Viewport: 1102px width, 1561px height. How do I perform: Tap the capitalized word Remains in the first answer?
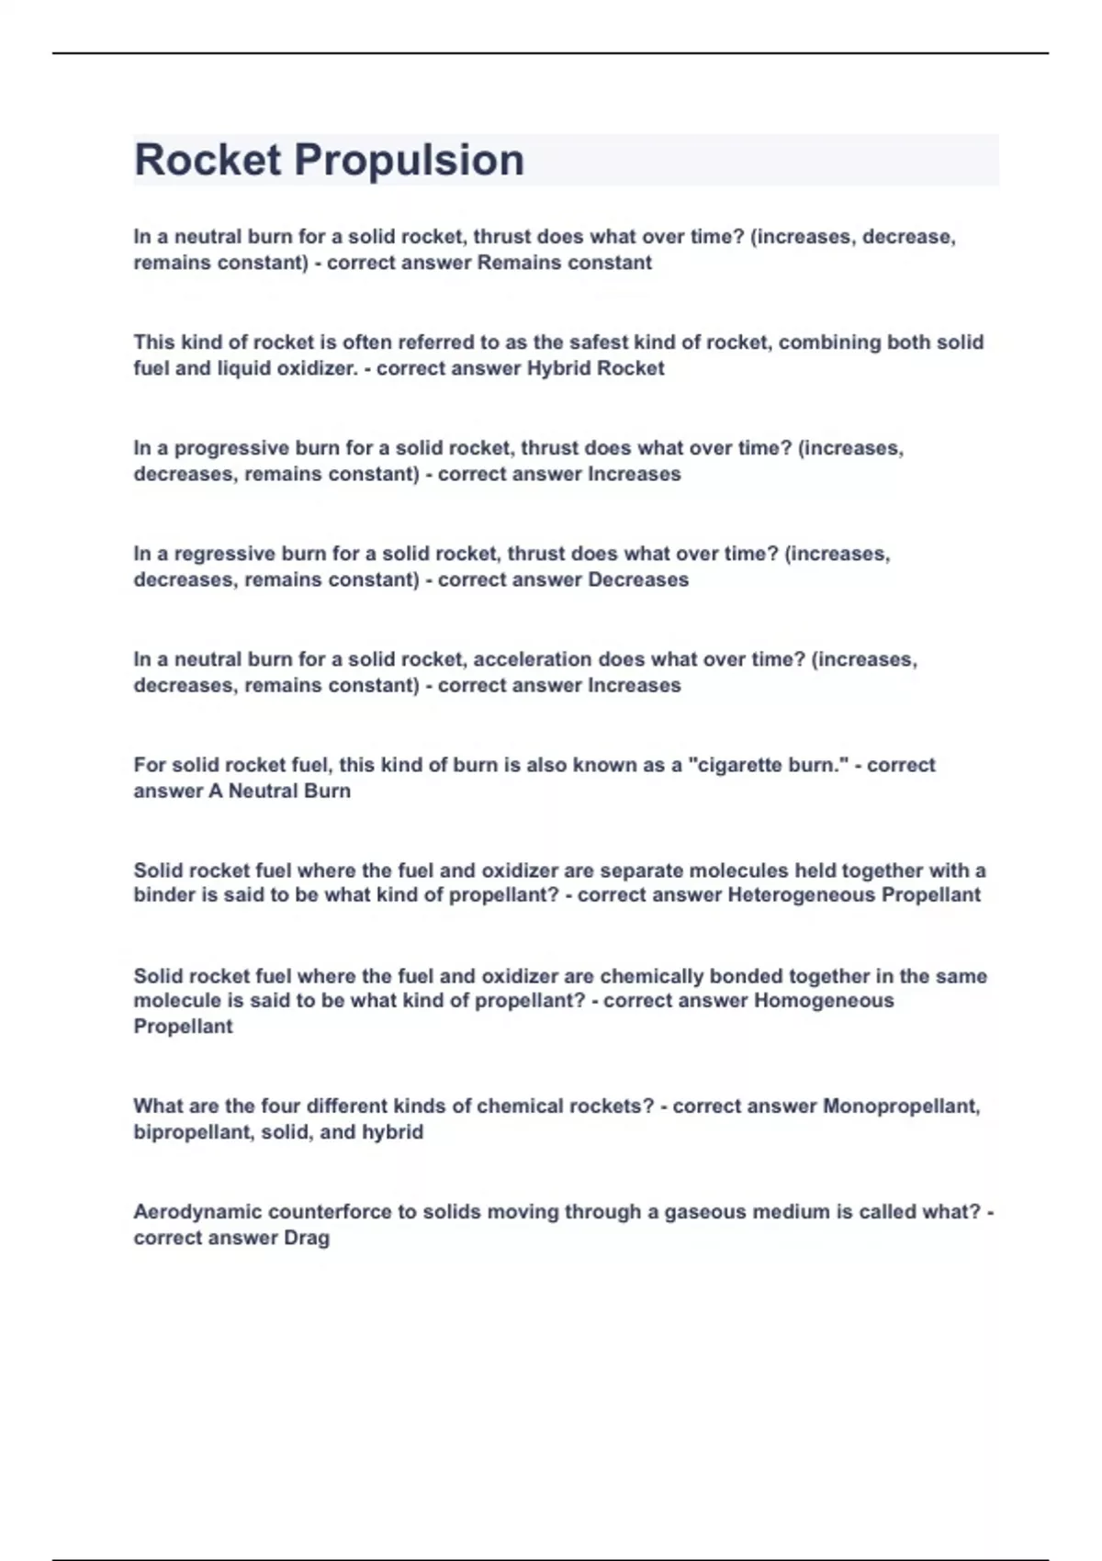click(x=516, y=263)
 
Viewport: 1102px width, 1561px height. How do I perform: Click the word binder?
click(x=163, y=895)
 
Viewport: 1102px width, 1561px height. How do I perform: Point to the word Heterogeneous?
click(x=801, y=895)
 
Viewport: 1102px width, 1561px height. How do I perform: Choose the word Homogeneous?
click(x=824, y=1001)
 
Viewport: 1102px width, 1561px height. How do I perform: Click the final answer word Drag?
click(x=306, y=1238)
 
